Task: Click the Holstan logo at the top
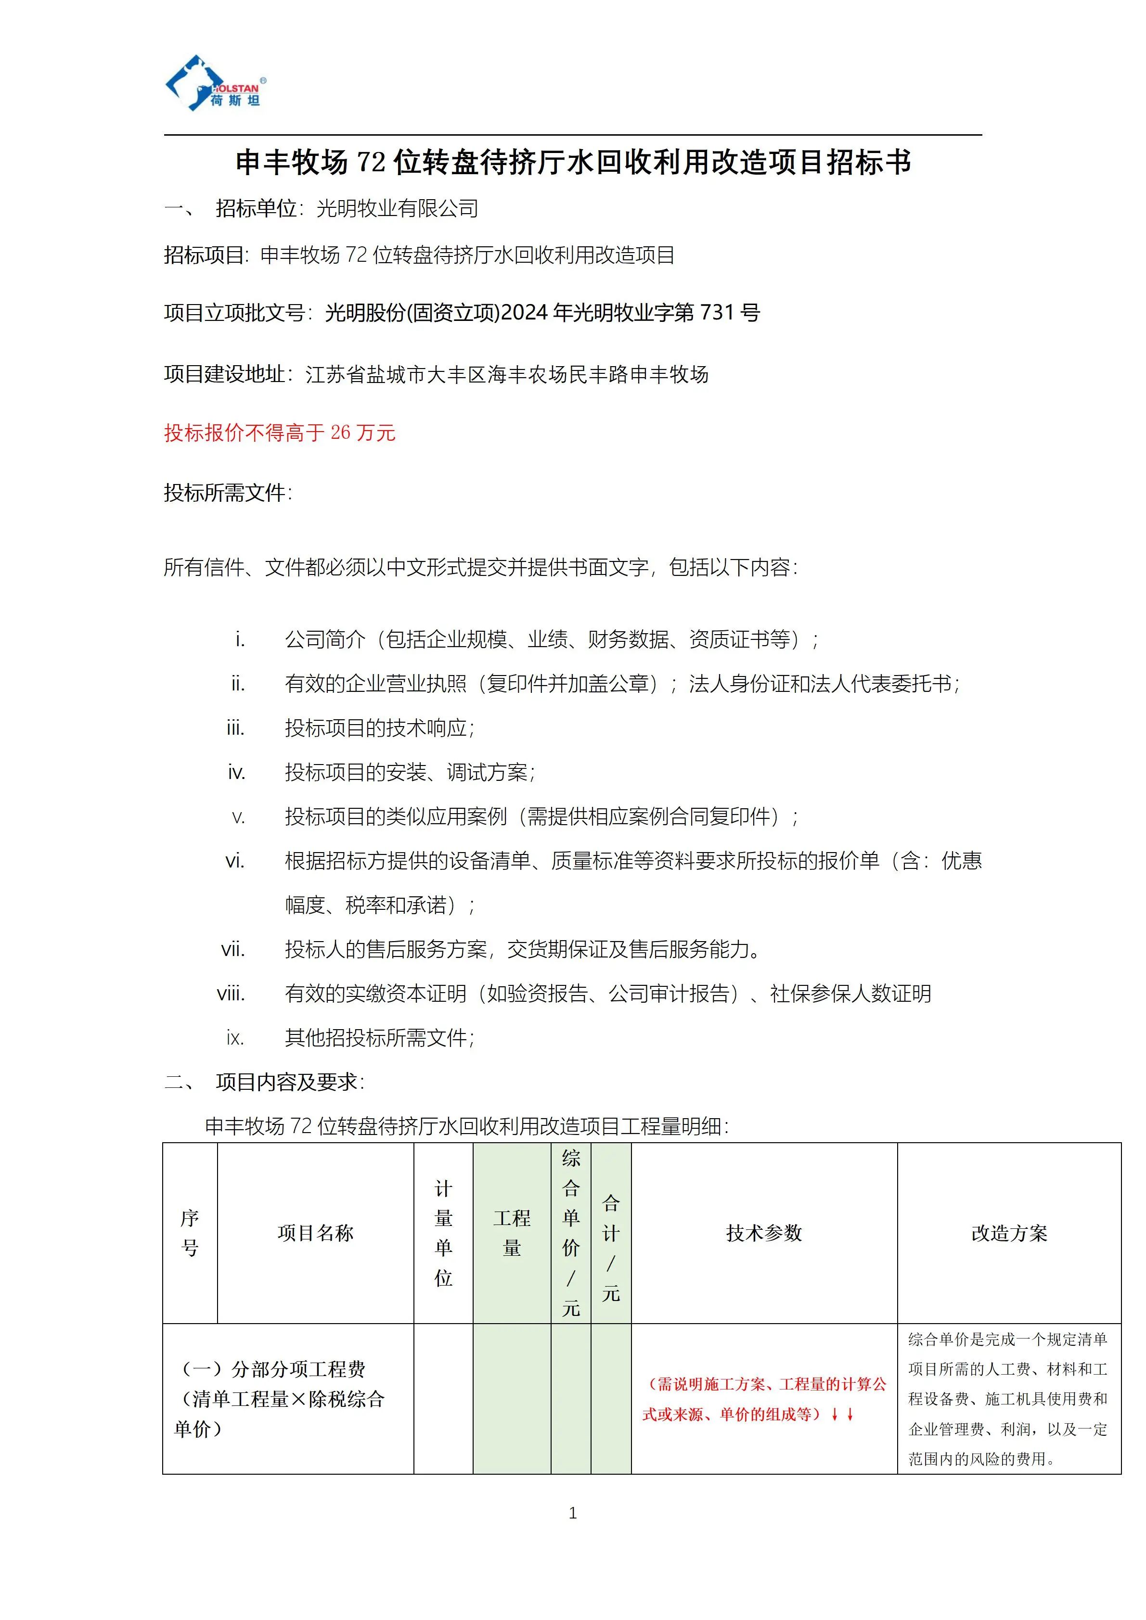(x=215, y=84)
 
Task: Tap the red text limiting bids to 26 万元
(x=280, y=433)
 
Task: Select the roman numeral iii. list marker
(x=235, y=728)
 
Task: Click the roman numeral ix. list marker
(x=235, y=1038)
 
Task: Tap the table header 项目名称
(x=315, y=1233)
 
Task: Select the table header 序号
(x=190, y=1233)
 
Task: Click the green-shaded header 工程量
(x=512, y=1233)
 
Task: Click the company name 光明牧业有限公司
(x=397, y=209)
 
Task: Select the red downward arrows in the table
(x=843, y=1414)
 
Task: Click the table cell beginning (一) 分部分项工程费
(x=282, y=1399)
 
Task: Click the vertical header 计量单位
(x=443, y=1233)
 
